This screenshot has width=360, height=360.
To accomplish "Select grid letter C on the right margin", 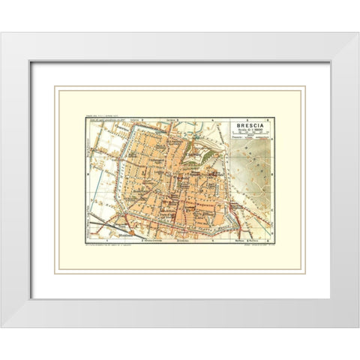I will tap(273, 223).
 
